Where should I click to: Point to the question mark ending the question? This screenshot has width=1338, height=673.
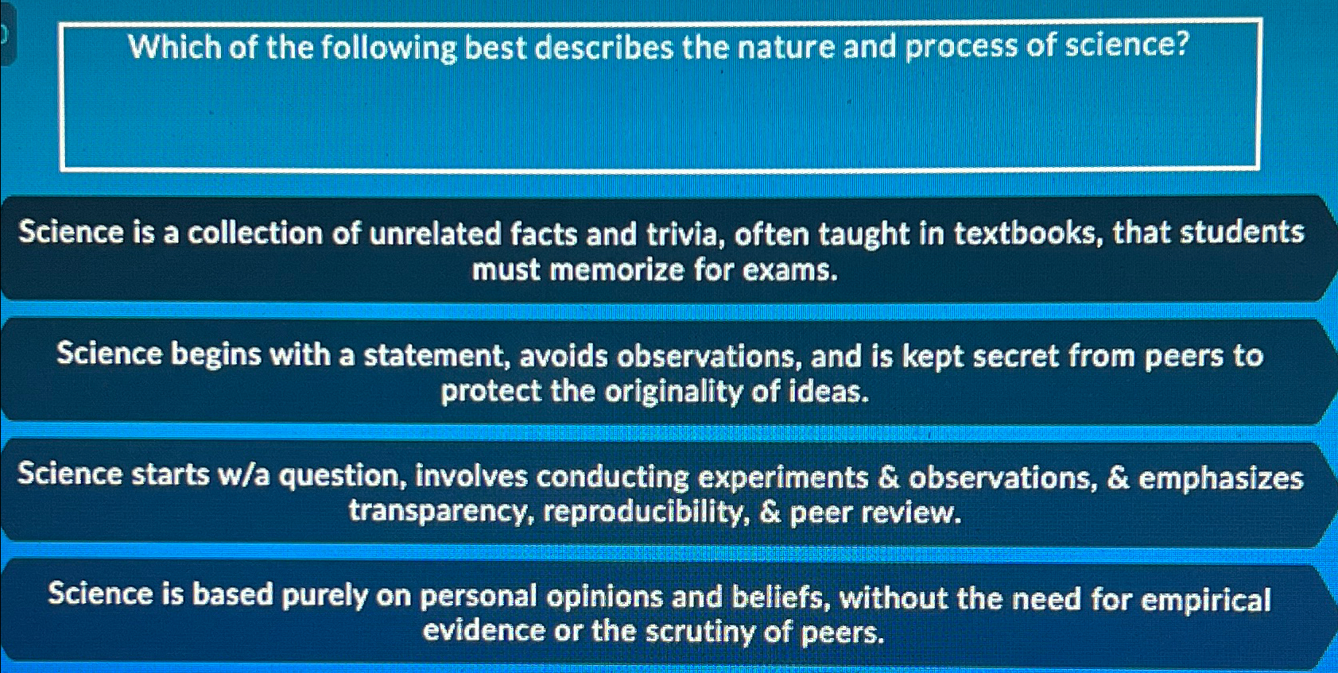(x=1181, y=44)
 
